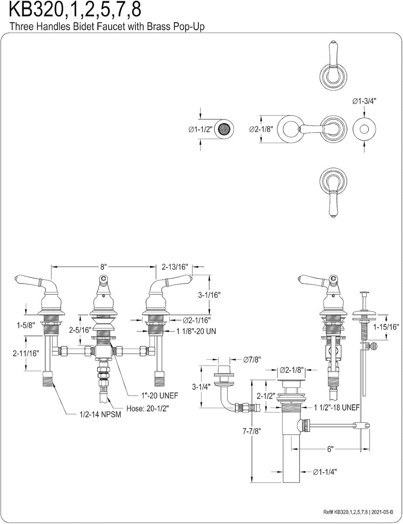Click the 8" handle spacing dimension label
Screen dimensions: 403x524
click(104, 267)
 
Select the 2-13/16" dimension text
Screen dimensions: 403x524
click(175, 267)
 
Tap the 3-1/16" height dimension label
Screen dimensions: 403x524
click(209, 295)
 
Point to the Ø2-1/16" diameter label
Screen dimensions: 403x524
click(197, 320)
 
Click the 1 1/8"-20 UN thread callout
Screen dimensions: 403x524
click(196, 331)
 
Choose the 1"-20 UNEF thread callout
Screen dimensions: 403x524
click(160, 396)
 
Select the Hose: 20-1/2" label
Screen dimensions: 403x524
click(148, 408)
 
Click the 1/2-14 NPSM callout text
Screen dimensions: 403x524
click(100, 414)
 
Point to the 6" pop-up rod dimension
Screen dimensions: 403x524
click(330, 449)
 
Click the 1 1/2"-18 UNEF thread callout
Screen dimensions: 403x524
click(337, 407)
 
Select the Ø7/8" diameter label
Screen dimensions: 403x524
click(252, 359)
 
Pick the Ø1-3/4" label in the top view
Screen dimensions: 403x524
click(364, 101)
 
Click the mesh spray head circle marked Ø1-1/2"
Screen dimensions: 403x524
click(224, 129)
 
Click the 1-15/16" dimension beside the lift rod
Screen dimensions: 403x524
click(386, 327)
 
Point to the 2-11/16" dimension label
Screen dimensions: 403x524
click(26, 353)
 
